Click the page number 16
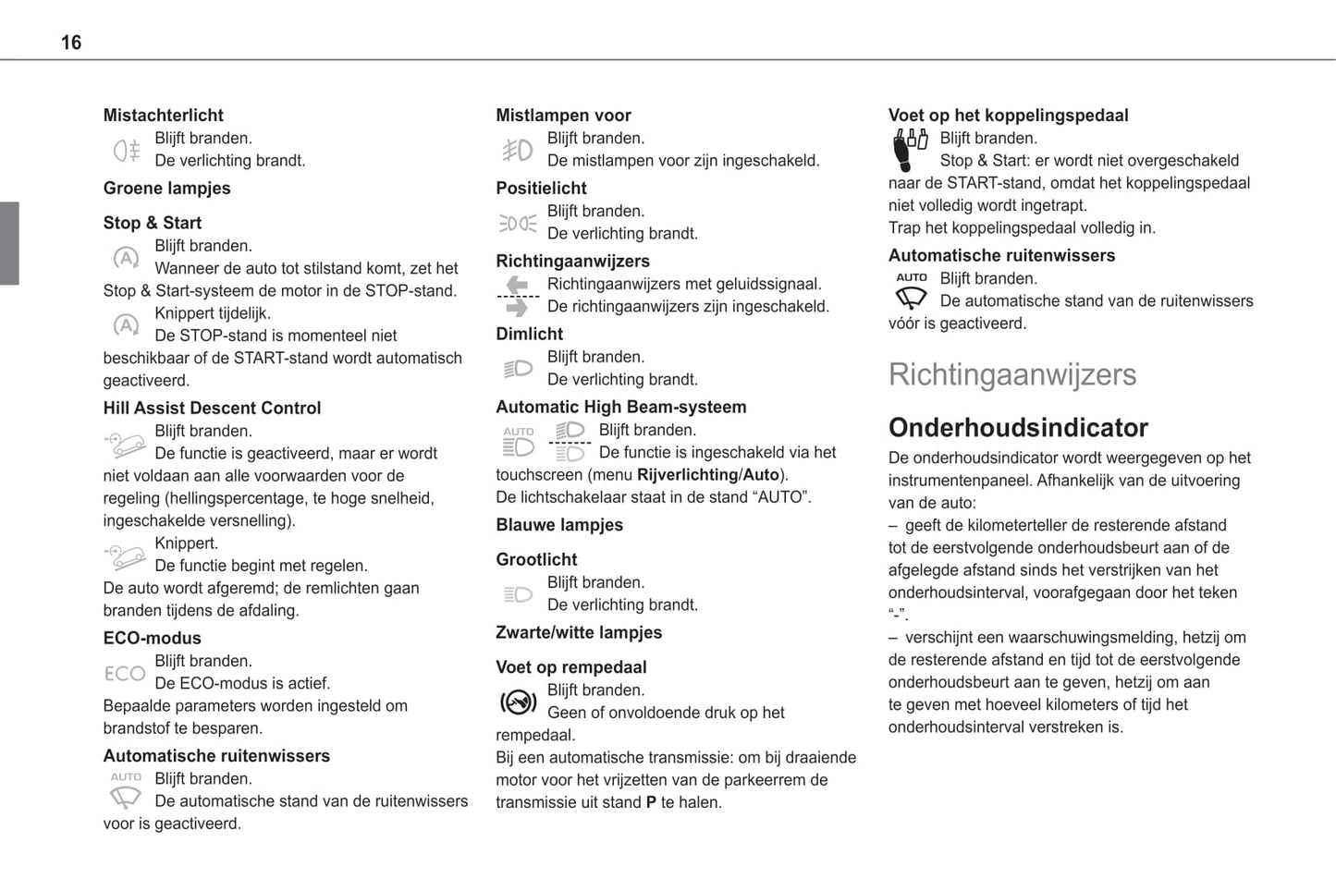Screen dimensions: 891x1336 click(x=71, y=43)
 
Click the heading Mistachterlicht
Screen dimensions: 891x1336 click(x=163, y=116)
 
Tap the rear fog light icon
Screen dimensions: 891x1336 click(x=127, y=150)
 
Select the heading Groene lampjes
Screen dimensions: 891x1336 click(x=166, y=189)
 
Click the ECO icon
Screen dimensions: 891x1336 click(x=125, y=674)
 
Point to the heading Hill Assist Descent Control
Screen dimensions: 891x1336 click(x=212, y=409)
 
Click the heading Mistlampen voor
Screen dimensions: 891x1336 click(x=563, y=116)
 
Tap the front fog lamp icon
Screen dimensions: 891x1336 click(x=518, y=150)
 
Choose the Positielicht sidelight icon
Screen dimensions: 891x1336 click(x=518, y=223)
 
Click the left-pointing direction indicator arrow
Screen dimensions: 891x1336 click(x=518, y=285)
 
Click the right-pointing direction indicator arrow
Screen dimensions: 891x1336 click(x=518, y=308)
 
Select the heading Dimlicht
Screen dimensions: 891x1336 click(x=529, y=335)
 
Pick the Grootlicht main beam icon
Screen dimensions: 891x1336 click(x=518, y=594)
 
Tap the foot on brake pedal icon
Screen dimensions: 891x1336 click(x=518, y=702)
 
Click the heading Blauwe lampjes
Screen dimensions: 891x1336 click(x=559, y=525)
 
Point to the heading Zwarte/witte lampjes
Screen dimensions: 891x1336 click(x=579, y=633)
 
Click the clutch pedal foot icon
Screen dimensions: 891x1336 click(x=910, y=150)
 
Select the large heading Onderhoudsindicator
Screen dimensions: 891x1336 click(x=1018, y=428)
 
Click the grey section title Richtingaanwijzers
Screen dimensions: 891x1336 click(x=1012, y=374)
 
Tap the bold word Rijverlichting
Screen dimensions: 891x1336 click(x=687, y=475)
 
